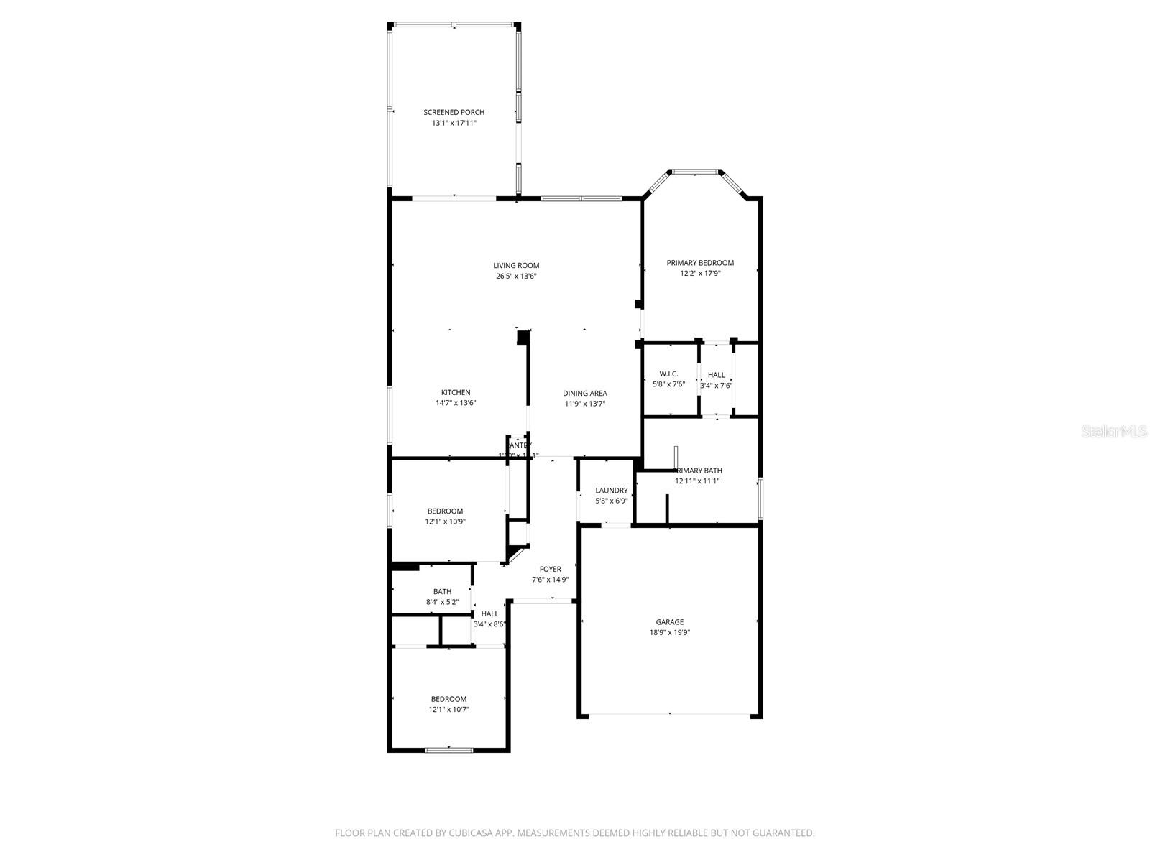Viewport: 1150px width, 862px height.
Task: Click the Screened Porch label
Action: click(454, 112)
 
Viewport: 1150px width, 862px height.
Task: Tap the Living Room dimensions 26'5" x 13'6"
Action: click(516, 276)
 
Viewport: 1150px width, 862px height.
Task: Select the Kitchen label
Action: click(456, 392)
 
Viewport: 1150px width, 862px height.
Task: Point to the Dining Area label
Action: click(584, 393)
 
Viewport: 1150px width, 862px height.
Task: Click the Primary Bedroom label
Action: click(700, 263)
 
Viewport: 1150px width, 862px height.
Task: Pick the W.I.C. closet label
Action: click(668, 374)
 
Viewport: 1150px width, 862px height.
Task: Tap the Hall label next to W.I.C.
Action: click(716, 375)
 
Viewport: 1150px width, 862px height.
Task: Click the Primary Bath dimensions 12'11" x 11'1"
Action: click(696, 481)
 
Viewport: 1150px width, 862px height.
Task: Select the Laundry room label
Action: click(611, 491)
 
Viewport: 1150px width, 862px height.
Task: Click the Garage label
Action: click(669, 622)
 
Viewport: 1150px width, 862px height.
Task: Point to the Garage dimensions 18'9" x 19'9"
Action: click(669, 633)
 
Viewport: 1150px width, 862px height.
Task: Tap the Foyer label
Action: click(551, 569)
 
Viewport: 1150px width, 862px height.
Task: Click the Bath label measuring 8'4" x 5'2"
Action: click(442, 591)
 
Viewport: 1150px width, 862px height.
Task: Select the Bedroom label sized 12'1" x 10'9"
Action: click(445, 511)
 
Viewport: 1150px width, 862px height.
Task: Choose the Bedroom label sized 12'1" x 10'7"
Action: click(448, 699)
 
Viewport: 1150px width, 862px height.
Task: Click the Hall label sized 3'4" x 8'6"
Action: click(489, 613)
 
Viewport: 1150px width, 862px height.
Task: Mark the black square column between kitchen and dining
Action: click(523, 337)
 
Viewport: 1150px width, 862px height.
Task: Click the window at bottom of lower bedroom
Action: click(448, 750)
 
